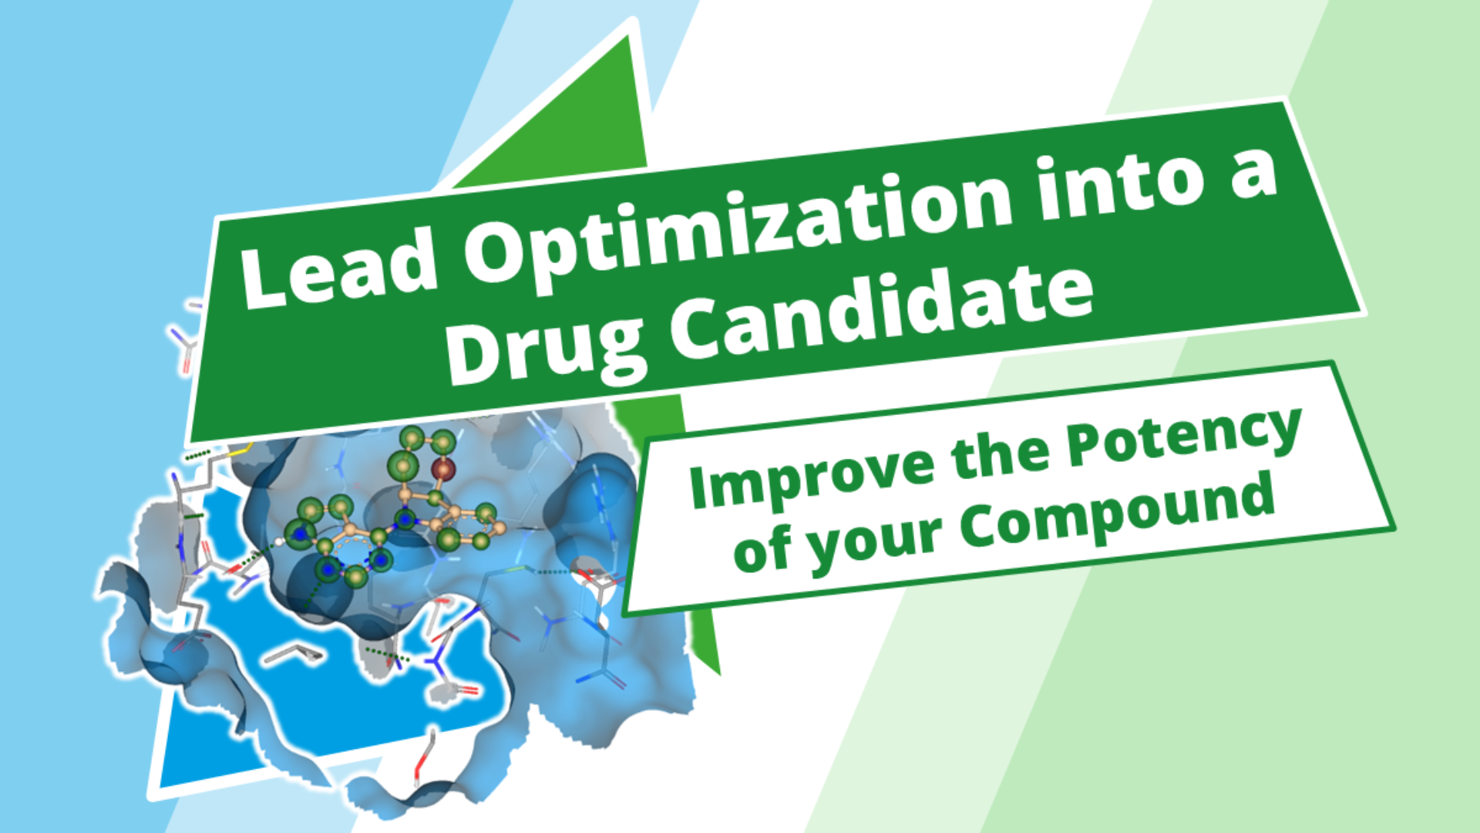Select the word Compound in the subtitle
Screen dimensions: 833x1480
[1117, 513]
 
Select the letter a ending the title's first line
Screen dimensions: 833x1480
[1253, 174]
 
